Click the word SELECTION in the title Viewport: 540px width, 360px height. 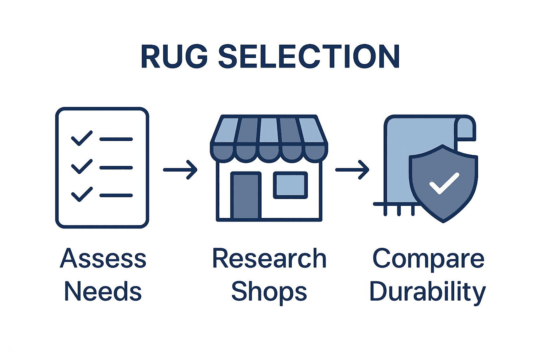309,57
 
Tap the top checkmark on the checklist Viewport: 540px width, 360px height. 82,138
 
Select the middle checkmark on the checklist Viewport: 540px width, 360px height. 82,166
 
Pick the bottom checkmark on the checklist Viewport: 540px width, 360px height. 82,194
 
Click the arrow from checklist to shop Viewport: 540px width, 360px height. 180,170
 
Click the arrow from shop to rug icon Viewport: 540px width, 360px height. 352,170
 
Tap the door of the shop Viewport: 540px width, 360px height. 246,195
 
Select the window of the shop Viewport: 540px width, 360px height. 290,185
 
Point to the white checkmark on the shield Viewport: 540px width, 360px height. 444,183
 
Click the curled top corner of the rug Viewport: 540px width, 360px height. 465,128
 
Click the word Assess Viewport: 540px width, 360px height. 103,259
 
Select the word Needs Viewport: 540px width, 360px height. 103,291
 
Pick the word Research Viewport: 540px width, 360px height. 269,259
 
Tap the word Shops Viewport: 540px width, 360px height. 269,292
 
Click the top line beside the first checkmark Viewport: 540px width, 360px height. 116,139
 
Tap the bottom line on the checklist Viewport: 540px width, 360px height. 116,195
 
